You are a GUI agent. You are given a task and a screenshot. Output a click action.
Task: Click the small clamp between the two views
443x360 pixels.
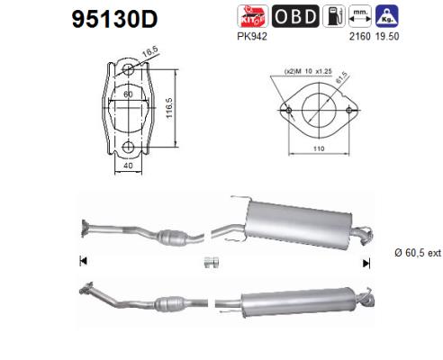[x=213, y=262]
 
